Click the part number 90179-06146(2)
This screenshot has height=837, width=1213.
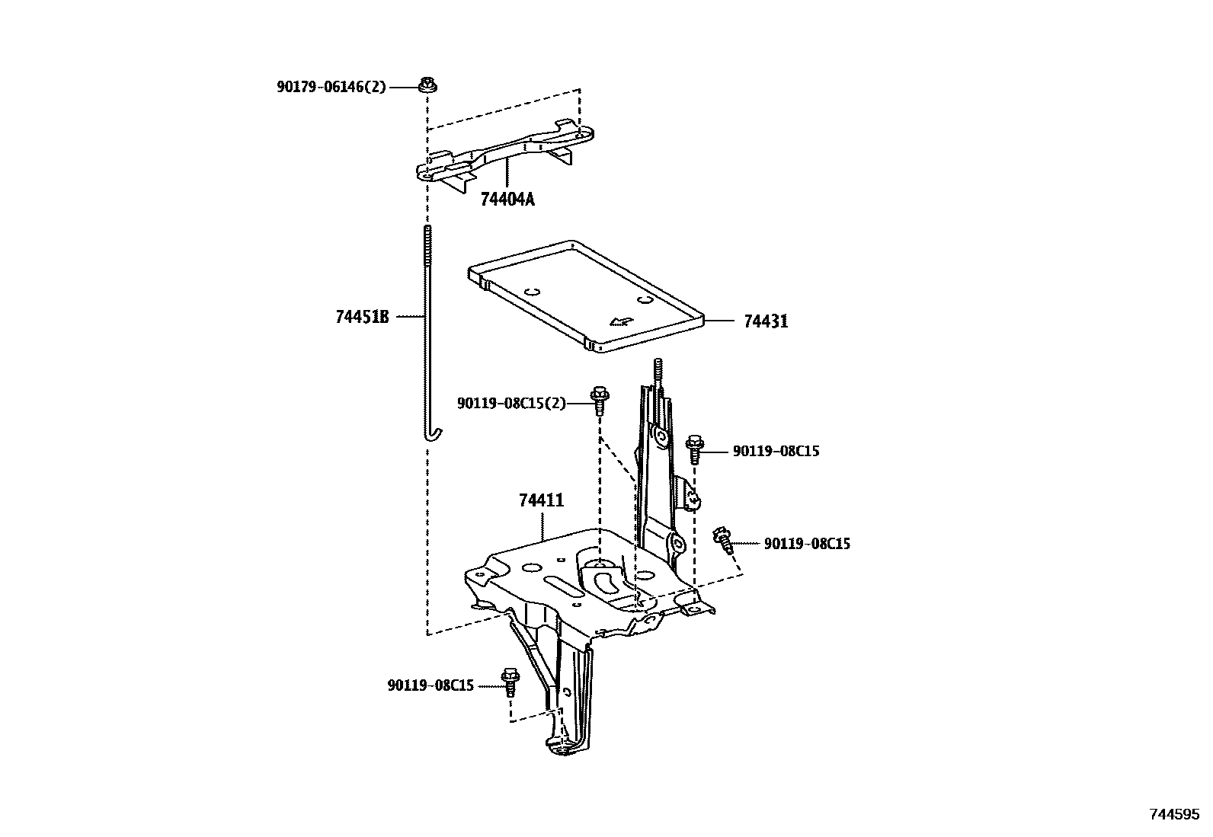(x=331, y=87)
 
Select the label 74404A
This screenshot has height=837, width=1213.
(x=507, y=200)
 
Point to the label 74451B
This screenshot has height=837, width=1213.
(x=362, y=317)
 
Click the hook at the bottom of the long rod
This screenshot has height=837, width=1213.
(x=432, y=434)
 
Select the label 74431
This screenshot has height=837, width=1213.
(x=766, y=321)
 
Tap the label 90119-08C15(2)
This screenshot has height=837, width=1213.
(x=511, y=403)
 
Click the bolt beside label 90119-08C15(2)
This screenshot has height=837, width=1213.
(x=599, y=399)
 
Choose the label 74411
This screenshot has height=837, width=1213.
(x=541, y=500)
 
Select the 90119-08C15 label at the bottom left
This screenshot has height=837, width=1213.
(x=430, y=685)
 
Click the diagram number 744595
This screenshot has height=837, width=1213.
(x=1173, y=813)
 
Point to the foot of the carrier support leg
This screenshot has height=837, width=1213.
(x=564, y=747)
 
